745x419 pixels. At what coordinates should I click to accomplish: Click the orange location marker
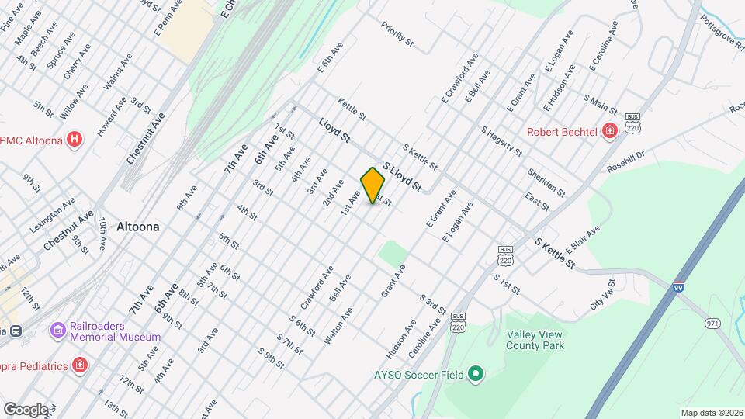point(372,185)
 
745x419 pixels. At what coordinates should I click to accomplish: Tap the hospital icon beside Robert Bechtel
point(610,131)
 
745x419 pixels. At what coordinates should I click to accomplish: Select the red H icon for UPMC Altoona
point(74,140)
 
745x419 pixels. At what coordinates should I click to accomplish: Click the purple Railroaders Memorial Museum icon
point(57,331)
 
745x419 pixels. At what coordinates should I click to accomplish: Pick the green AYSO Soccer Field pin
point(476,375)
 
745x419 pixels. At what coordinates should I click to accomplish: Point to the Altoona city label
point(137,227)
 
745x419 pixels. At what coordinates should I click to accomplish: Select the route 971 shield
point(712,323)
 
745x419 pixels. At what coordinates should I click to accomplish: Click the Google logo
point(26,409)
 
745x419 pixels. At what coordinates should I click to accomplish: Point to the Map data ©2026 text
point(712,412)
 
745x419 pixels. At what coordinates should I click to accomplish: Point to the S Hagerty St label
point(501,141)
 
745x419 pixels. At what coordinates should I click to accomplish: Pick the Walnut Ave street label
point(119,70)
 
